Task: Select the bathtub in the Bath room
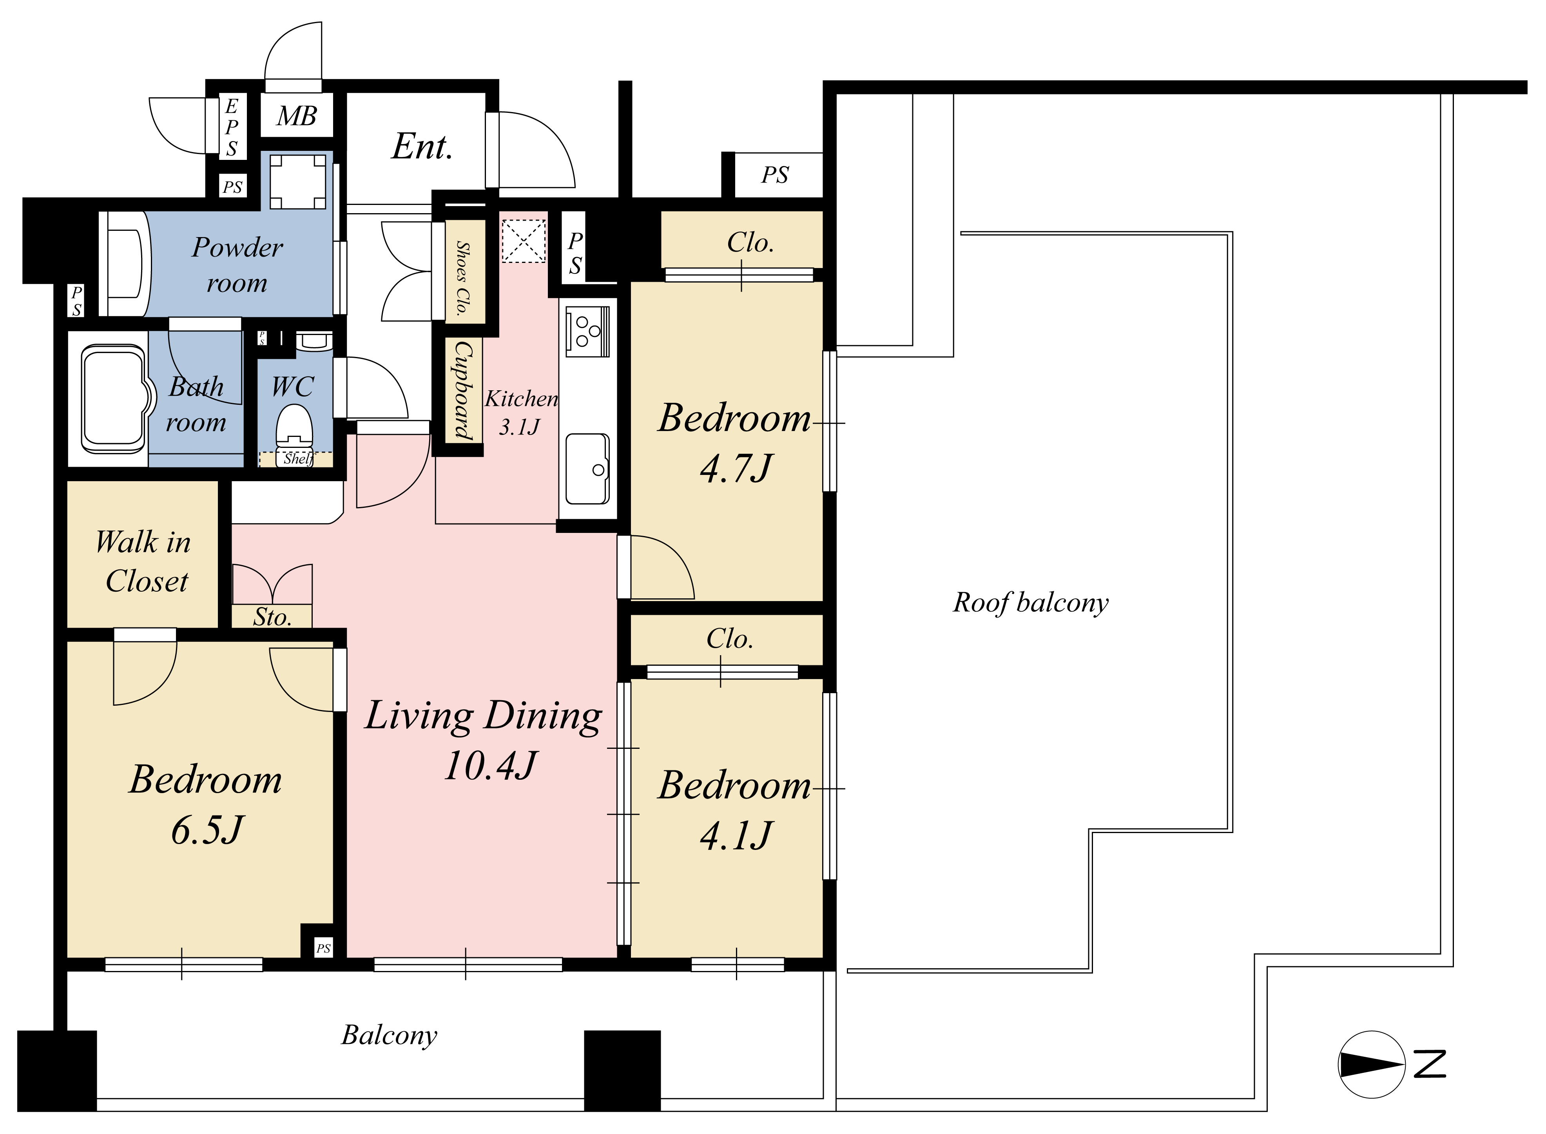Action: [x=115, y=398]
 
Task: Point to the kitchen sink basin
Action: [x=588, y=469]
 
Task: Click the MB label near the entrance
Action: [x=297, y=117]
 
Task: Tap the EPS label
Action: [x=232, y=128]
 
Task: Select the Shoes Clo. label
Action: [x=463, y=277]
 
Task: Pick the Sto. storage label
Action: [x=272, y=617]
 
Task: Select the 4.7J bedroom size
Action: [x=736, y=469]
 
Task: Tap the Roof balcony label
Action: [x=1030, y=603]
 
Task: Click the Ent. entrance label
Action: [x=422, y=146]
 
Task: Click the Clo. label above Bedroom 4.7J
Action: [x=750, y=242]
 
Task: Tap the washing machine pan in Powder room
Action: [x=297, y=181]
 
